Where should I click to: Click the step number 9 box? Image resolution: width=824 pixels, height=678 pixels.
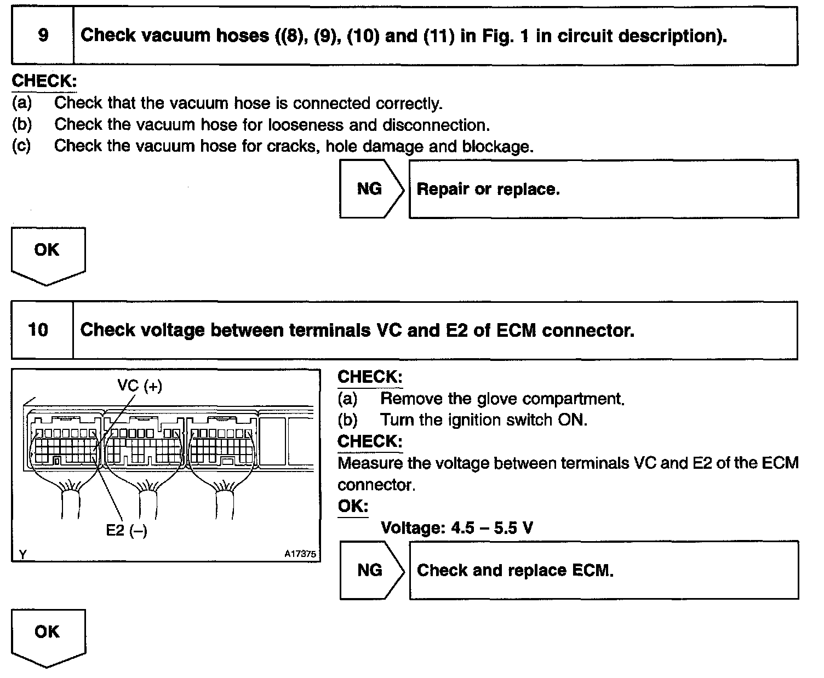tap(43, 36)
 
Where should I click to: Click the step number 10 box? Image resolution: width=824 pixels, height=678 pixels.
tap(42, 330)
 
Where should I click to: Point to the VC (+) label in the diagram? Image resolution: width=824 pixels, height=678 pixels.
tap(140, 386)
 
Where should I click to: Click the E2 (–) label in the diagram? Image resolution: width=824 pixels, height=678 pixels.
tap(127, 530)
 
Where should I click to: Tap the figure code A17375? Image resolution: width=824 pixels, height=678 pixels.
tap(300, 554)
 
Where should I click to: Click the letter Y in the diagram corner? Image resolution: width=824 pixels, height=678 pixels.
tap(22, 555)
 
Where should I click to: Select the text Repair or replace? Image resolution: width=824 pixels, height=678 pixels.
tap(488, 189)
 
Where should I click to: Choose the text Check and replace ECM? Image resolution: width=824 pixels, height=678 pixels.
tap(515, 571)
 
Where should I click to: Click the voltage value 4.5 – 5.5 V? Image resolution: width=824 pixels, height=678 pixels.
tap(491, 528)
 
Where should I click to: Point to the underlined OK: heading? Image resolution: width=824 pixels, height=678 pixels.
tap(353, 506)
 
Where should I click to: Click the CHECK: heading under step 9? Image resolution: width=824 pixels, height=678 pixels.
tap(44, 81)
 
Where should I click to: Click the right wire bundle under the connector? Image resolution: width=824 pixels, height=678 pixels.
tap(225, 501)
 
